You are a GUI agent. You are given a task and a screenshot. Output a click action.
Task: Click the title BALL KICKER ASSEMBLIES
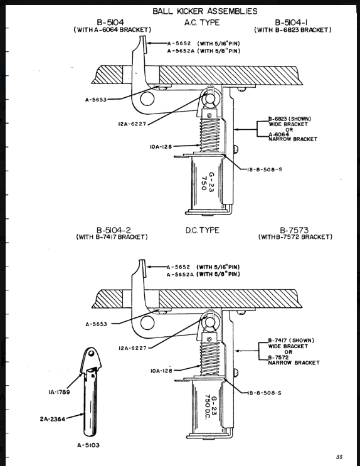[205, 11]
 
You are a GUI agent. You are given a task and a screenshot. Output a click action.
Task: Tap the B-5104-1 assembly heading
[291, 23]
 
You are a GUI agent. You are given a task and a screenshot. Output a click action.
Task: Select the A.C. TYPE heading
[202, 23]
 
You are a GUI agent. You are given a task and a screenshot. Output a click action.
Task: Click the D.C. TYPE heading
[202, 230]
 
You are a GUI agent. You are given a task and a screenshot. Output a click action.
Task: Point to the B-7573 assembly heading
[294, 230]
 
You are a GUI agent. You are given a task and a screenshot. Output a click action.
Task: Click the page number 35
[339, 457]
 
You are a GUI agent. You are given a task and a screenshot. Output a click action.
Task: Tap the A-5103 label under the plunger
[88, 445]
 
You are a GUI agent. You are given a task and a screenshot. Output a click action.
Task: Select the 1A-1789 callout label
[59, 392]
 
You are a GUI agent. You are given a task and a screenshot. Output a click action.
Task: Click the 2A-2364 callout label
[53, 419]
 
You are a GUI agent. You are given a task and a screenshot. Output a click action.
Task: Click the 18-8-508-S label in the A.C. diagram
[264, 170]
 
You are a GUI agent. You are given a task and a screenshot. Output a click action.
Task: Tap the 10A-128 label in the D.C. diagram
[161, 371]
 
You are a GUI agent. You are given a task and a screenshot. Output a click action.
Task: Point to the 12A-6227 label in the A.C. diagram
[132, 124]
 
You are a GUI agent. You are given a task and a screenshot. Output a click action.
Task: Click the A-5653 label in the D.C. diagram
[96, 324]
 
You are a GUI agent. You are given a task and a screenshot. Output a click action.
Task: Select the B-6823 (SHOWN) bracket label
[290, 119]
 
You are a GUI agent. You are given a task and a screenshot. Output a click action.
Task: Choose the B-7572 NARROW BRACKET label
[294, 360]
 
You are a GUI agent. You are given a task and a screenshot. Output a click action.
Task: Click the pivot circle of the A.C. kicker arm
[147, 98]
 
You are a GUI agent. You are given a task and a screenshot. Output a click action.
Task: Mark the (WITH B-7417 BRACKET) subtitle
[112, 237]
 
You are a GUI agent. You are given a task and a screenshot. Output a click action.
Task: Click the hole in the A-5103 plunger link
[92, 354]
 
